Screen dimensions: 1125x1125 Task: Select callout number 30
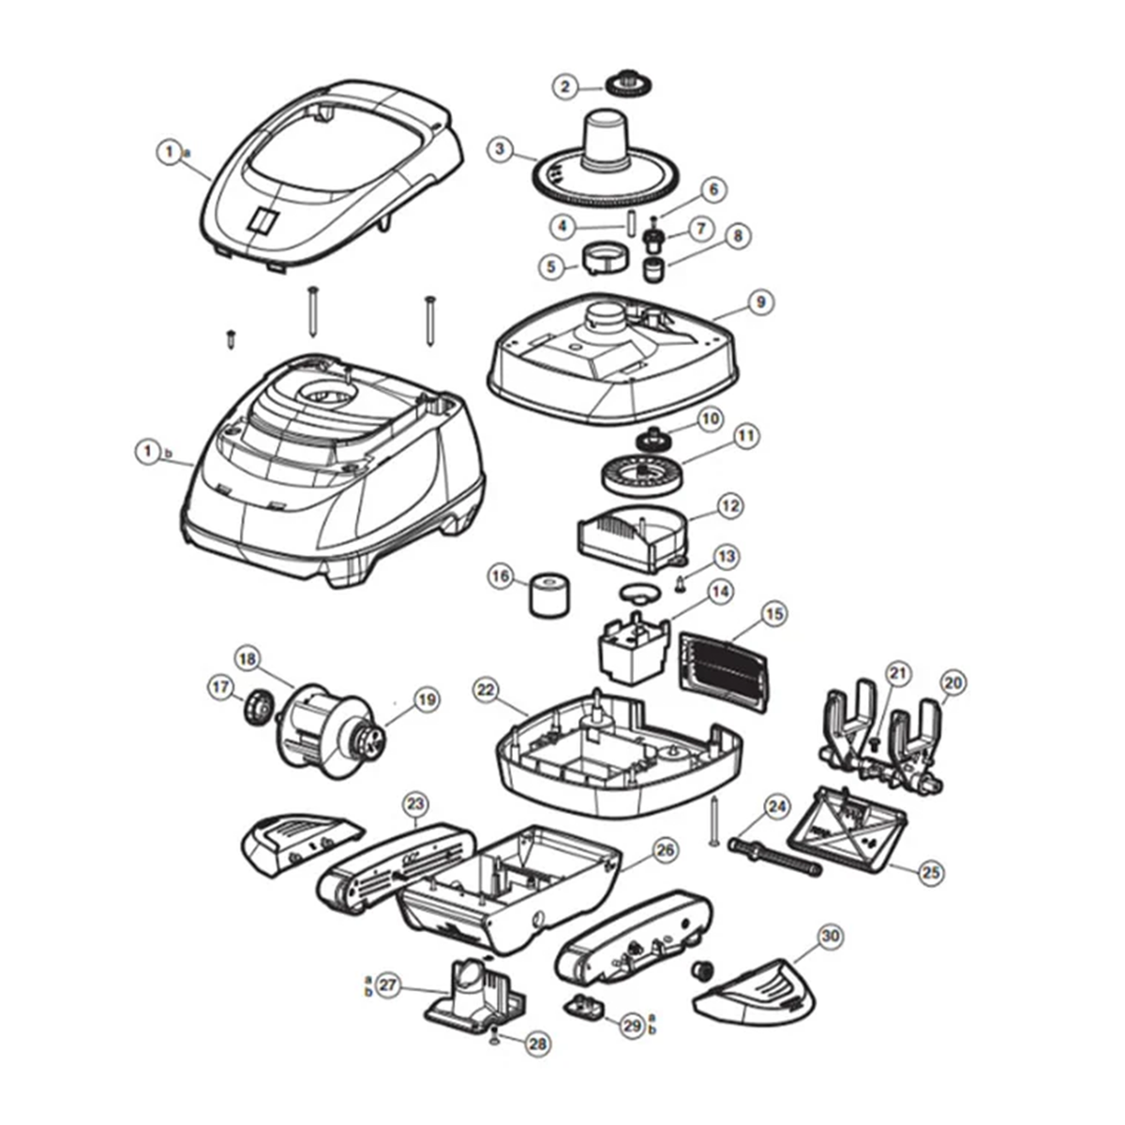click(829, 936)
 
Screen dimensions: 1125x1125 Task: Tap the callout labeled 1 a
click(169, 150)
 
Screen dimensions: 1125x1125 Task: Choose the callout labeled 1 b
click(148, 452)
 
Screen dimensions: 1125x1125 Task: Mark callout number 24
click(777, 805)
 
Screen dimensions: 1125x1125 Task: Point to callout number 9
click(760, 302)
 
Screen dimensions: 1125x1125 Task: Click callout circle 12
click(730, 505)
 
